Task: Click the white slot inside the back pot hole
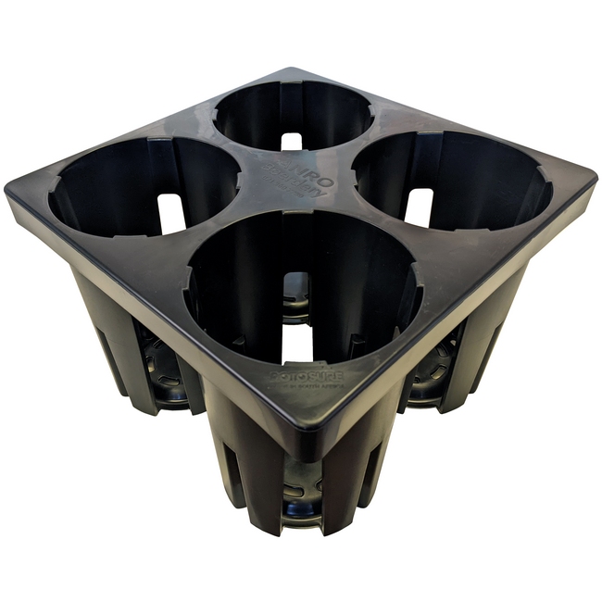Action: (x=292, y=141)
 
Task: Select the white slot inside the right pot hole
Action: (x=419, y=207)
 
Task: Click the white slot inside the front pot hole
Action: (x=296, y=343)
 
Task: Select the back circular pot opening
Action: (x=293, y=116)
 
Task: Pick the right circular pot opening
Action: (x=452, y=182)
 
